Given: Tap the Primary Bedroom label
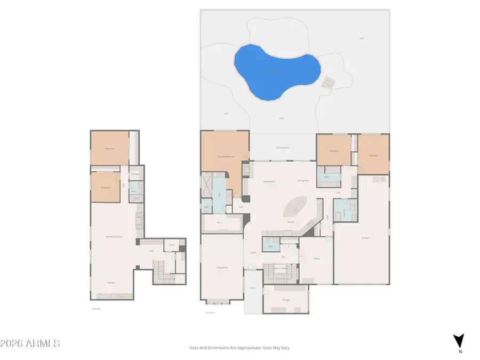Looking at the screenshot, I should pyautogui.click(x=225, y=157).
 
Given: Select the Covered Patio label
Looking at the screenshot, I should pyautogui.click(x=283, y=148).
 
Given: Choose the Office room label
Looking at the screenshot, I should pyautogui.click(x=316, y=259).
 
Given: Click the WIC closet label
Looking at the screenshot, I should pyautogui.click(x=219, y=222).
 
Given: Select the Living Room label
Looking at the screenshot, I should pyautogui.click(x=222, y=268).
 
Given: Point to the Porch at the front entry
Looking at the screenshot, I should pyautogui.click(x=253, y=289).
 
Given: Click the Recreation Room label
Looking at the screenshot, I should pyautogui.click(x=111, y=235).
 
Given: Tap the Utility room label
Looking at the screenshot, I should pyautogui.click(x=172, y=245).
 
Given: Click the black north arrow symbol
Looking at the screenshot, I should pyautogui.click(x=458, y=340).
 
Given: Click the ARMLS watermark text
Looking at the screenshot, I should pyautogui.click(x=30, y=343).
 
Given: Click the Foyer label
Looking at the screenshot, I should pyautogui.click(x=253, y=252).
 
